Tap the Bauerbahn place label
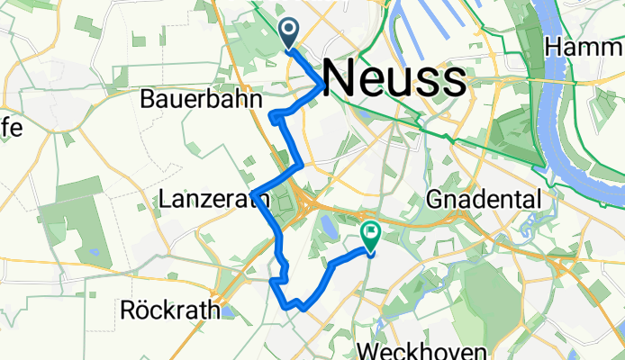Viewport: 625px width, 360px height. [x=201, y=99]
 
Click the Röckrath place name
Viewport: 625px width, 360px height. [x=169, y=311]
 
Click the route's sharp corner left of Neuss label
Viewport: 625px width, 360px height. [x=322, y=86]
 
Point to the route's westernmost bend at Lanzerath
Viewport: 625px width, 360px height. [x=257, y=194]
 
